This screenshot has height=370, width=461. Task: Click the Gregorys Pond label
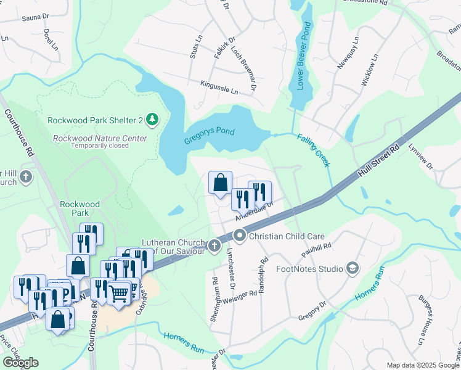[210, 136]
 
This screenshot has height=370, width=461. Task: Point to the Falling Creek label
[314, 151]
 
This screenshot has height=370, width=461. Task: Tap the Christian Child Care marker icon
[239, 236]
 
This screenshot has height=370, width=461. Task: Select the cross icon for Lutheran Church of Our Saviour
[214, 246]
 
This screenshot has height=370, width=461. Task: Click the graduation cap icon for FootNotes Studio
[353, 268]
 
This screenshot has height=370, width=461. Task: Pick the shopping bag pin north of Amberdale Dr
[220, 183]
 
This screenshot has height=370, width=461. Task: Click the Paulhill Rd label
[317, 250]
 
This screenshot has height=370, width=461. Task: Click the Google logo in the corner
[20, 363]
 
